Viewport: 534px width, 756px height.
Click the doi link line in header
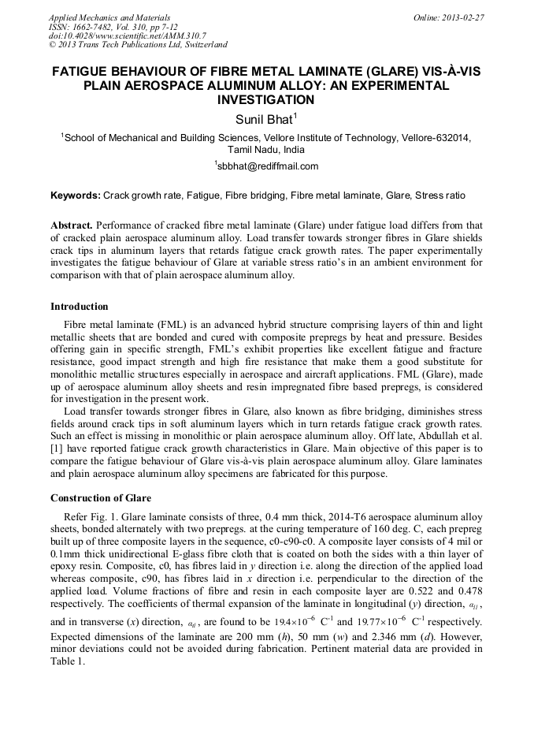click(127, 35)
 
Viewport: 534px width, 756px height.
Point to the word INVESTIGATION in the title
click(265, 100)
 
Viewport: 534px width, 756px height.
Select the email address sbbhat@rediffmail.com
click(268, 166)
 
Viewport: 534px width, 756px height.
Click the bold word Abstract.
click(72, 225)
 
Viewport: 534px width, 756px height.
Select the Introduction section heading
click(80, 307)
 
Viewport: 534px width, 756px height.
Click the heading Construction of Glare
click(100, 498)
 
